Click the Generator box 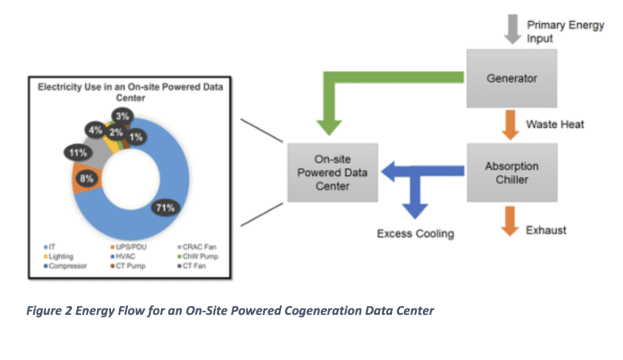pyautogui.click(x=512, y=78)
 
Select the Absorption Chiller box pyautogui.click(x=512, y=173)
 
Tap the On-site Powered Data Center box pyautogui.click(x=332, y=173)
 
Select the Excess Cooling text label pyautogui.click(x=415, y=234)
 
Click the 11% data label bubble pyautogui.click(x=78, y=153)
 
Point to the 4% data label pyautogui.click(x=96, y=130)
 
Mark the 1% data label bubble pyautogui.click(x=136, y=137)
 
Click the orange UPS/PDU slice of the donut pyautogui.click(x=80, y=182)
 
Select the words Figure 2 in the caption pyautogui.click(x=52, y=311)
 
